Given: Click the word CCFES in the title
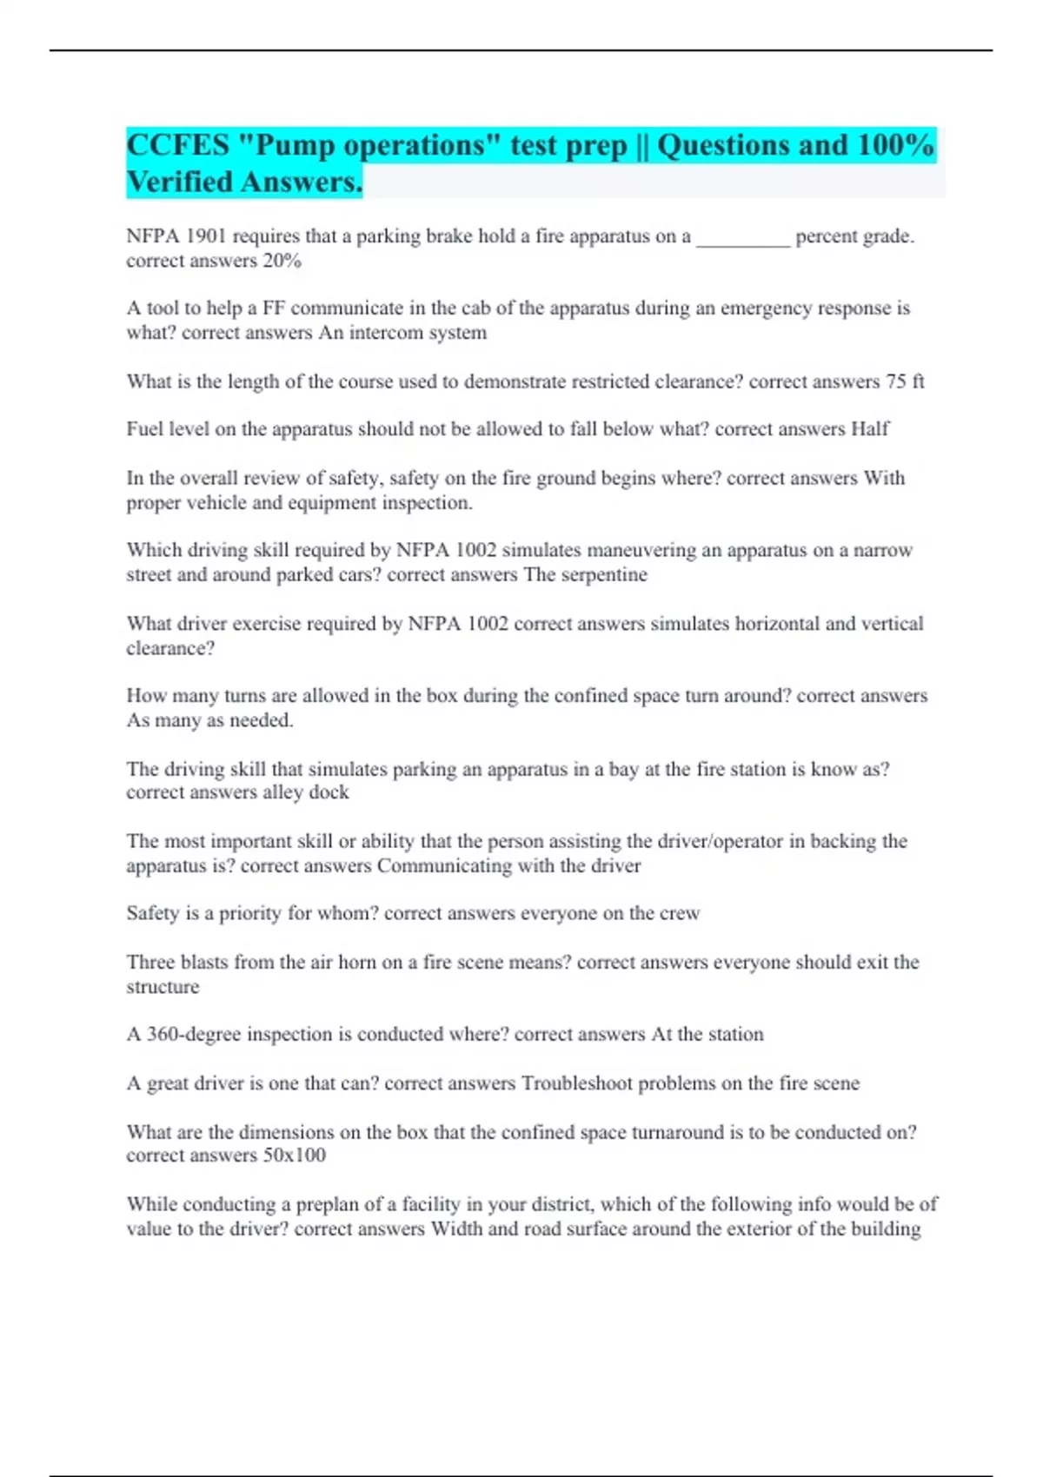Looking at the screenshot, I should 178,145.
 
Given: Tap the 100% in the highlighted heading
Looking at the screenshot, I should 895,145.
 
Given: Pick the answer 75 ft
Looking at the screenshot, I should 905,381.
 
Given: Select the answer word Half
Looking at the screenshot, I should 869,429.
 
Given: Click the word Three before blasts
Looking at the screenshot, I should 150,962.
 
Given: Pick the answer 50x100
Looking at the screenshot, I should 294,1156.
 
